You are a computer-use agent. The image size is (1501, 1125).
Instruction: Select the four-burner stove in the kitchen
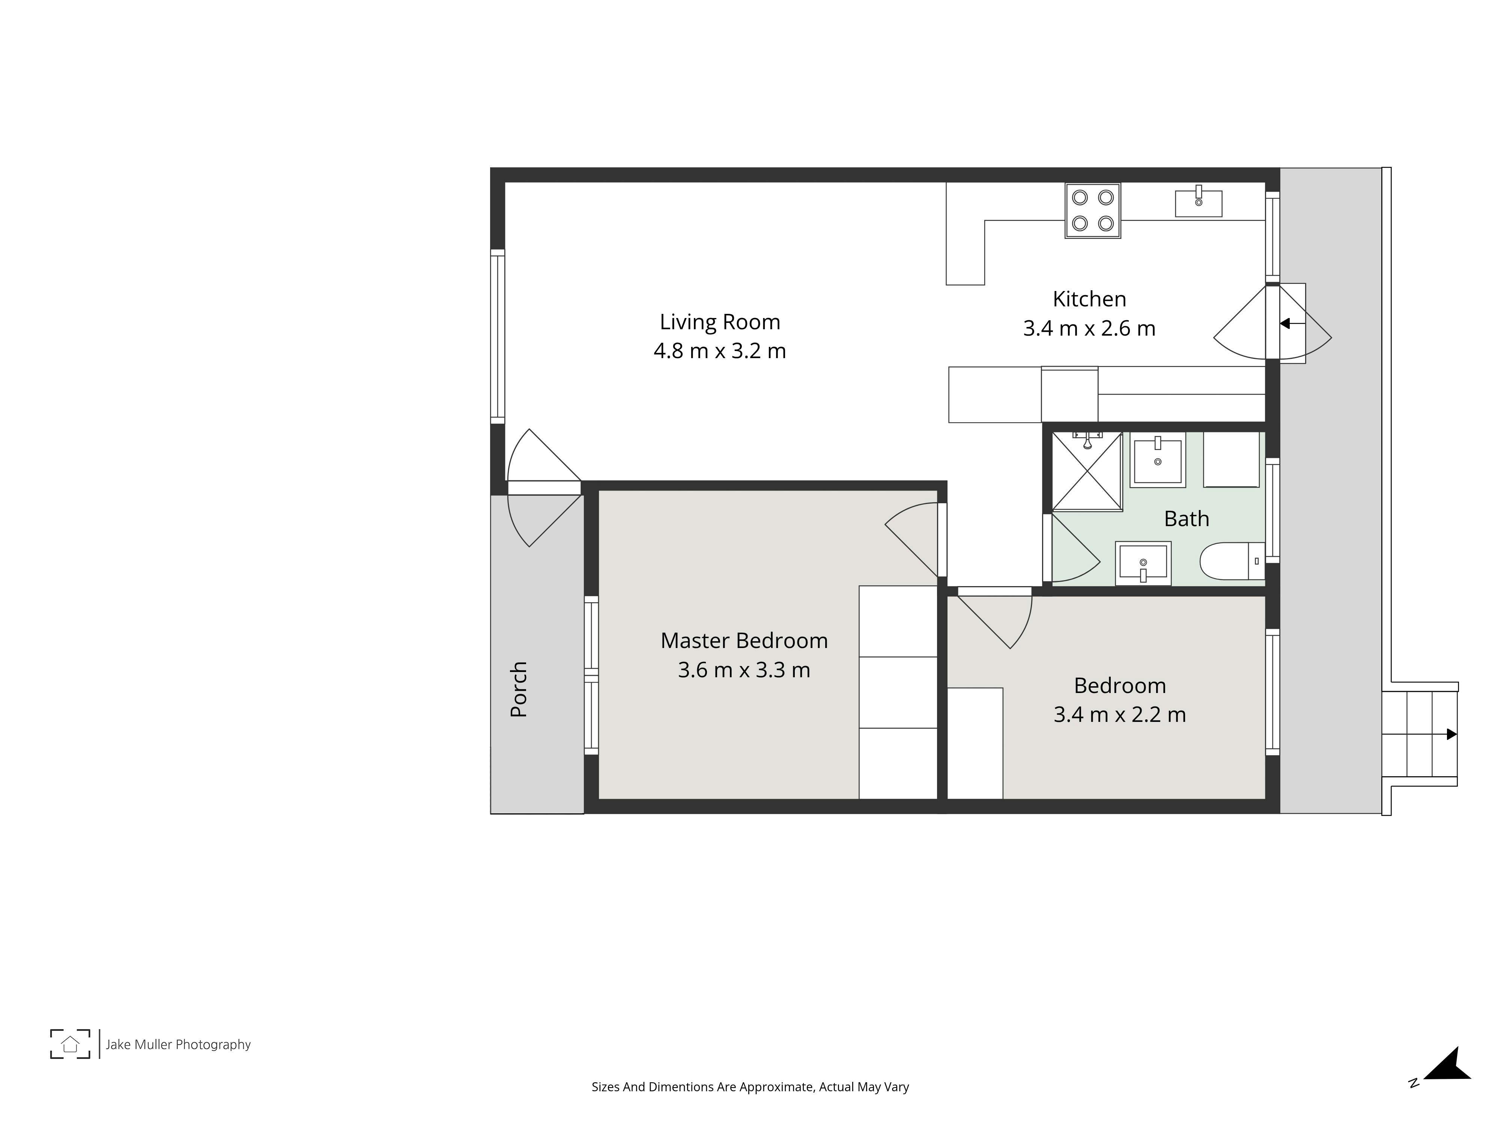(x=1092, y=211)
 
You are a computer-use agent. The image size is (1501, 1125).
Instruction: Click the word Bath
(x=1186, y=519)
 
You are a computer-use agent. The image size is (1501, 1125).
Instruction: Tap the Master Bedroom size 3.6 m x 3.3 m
(x=744, y=670)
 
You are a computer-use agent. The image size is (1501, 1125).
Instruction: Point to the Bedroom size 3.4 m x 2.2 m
(x=1120, y=715)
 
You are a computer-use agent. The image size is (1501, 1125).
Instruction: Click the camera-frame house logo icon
(x=70, y=1044)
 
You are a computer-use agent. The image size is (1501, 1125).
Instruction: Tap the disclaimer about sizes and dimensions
(x=750, y=1087)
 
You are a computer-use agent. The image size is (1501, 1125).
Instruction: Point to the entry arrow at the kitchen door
(x=1292, y=324)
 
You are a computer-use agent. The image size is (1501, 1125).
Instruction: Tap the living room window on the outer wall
(x=497, y=336)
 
